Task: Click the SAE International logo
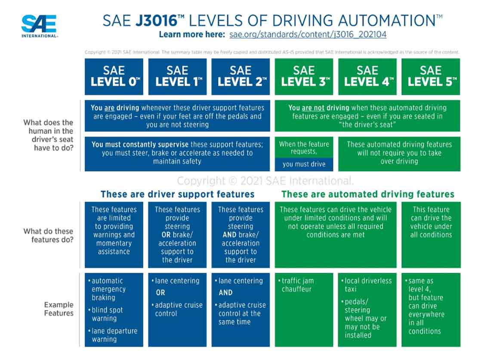pos(39,26)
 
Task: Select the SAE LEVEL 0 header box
pos(114,76)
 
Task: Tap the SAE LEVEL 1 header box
pos(177,76)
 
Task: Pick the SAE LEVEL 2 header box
pos(240,76)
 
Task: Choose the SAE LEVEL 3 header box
pos(304,76)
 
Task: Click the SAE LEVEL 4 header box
pos(367,76)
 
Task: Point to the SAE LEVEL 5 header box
pos(431,76)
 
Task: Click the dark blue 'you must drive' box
pos(304,164)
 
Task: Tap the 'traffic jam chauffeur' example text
pos(298,285)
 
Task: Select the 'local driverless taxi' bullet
pos(368,285)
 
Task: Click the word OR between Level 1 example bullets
pos(160,292)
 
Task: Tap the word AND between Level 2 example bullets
pos(225,292)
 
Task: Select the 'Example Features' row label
pos(59,309)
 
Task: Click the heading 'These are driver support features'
pos(177,194)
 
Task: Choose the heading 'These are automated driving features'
pos(368,194)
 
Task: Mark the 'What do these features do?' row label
pos(48,235)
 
